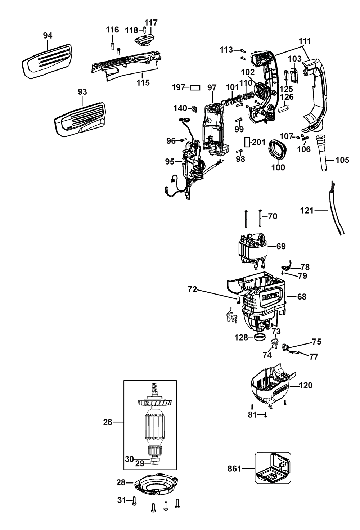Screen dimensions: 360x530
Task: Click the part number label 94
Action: click(48, 36)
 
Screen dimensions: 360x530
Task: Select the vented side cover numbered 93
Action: click(80, 119)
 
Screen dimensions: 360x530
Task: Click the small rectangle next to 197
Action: click(195, 87)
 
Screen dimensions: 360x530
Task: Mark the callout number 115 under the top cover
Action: click(143, 82)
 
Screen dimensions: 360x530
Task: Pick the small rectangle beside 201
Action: click(247, 142)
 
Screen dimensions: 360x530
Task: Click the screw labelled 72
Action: click(238, 300)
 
